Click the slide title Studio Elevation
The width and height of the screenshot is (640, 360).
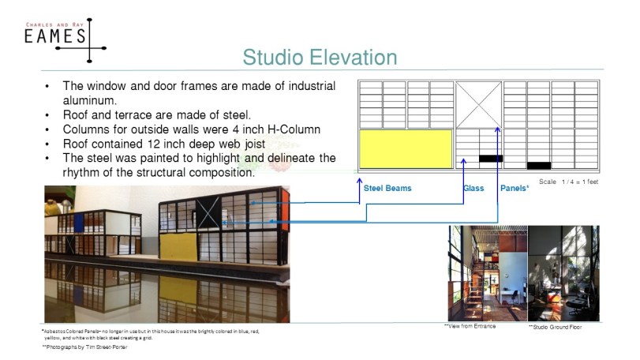(x=320, y=58)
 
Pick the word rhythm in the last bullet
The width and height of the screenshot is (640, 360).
(x=83, y=172)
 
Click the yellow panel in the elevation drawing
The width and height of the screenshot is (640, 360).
(x=406, y=148)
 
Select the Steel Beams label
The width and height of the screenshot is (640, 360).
(x=387, y=189)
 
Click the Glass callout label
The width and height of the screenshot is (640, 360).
(x=473, y=189)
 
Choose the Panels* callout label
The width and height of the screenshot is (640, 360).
(x=515, y=189)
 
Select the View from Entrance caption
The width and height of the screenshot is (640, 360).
(x=470, y=326)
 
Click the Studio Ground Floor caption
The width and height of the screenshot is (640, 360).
(x=556, y=327)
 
